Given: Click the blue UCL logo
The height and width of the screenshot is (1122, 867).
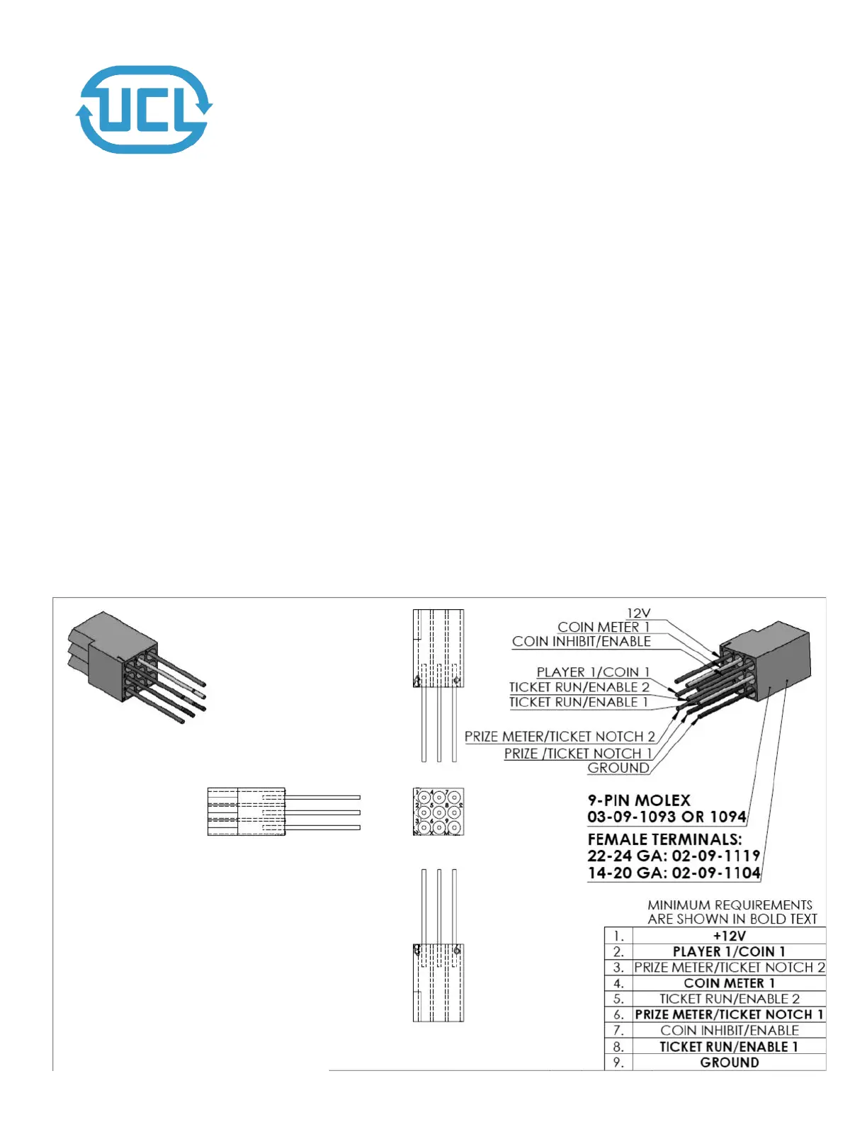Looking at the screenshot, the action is (144, 110).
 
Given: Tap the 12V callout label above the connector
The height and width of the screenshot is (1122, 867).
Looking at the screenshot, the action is (638, 613).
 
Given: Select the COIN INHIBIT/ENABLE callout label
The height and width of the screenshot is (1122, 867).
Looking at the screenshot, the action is (581, 642).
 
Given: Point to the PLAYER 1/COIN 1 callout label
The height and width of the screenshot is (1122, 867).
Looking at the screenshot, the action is (593, 672).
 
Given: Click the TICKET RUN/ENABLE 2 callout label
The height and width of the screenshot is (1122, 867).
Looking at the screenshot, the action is (579, 687).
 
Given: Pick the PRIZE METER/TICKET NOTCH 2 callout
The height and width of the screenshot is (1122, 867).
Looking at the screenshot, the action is (560, 737).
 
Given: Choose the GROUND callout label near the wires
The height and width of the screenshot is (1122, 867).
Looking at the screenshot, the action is (618, 768).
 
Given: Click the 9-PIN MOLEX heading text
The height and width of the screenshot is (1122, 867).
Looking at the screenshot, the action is (638, 800).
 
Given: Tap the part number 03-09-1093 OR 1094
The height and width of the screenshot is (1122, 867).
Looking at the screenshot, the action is (667, 817).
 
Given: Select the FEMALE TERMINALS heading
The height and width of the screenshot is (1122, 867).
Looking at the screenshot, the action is (664, 839).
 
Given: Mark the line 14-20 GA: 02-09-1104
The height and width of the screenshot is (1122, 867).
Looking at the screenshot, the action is (674, 873).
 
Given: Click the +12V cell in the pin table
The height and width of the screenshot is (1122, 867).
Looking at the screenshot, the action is (729, 936).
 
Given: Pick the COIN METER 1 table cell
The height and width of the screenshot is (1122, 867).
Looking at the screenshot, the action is (729, 983).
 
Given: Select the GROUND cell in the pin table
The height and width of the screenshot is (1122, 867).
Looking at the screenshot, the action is (729, 1062).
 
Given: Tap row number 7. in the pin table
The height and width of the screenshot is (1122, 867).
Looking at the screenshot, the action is (618, 1031).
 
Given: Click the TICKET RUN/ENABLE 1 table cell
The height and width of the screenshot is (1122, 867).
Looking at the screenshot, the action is (729, 1047).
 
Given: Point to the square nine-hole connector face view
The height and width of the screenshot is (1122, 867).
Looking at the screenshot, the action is (438, 812).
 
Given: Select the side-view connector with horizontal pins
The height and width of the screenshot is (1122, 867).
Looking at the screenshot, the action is (283, 812).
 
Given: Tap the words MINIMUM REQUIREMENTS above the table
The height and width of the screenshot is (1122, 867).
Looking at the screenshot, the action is (730, 905).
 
